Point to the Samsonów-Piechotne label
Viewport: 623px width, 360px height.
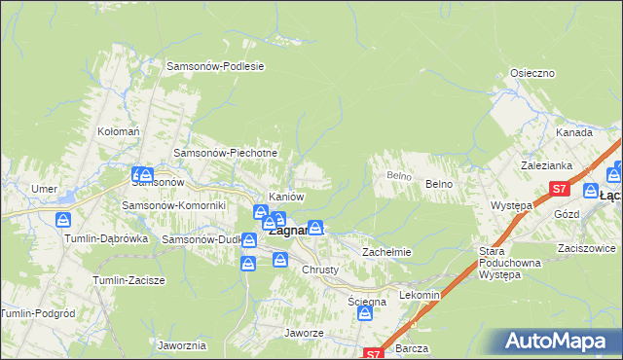pyautogui.click(x=226, y=153)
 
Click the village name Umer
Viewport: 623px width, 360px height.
pyautogui.click(x=45, y=189)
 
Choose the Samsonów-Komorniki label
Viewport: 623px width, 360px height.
pyautogui.click(x=173, y=205)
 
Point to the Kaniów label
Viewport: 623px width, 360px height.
pyautogui.click(x=287, y=197)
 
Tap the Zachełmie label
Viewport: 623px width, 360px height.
pyautogui.click(x=387, y=252)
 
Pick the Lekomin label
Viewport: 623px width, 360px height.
pyautogui.click(x=421, y=294)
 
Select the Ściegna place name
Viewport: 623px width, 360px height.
pyautogui.click(x=368, y=303)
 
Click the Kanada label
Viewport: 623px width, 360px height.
pyautogui.click(x=574, y=132)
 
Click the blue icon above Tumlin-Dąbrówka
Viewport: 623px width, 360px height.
pyautogui.click(x=63, y=220)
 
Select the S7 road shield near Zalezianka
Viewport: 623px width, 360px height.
pyautogui.click(x=559, y=189)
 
